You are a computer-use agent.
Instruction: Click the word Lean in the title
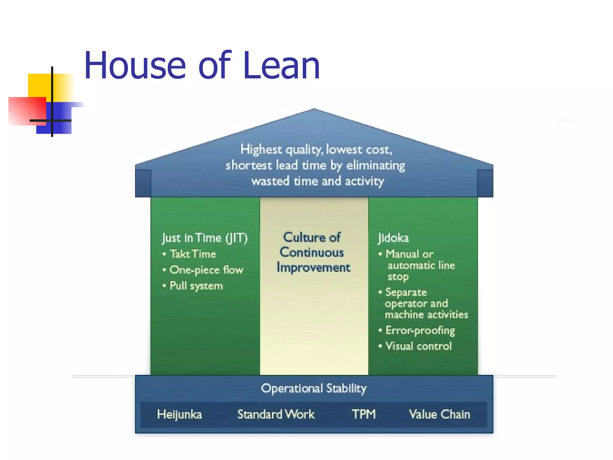281,66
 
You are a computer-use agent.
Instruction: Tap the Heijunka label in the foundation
179,414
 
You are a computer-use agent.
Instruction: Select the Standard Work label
276,414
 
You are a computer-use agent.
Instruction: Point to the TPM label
364,414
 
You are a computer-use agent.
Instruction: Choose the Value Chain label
439,414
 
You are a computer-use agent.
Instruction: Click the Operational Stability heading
313,388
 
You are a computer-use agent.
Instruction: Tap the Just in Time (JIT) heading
205,238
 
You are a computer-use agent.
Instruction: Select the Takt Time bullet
193,254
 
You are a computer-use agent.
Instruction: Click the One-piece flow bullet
206,270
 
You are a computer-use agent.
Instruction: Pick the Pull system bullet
196,286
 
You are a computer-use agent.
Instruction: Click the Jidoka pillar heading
393,238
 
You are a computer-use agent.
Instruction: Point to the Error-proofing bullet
420,330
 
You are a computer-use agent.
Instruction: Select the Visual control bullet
418,346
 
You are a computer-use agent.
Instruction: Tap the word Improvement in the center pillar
313,267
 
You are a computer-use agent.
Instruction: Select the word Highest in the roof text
261,149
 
